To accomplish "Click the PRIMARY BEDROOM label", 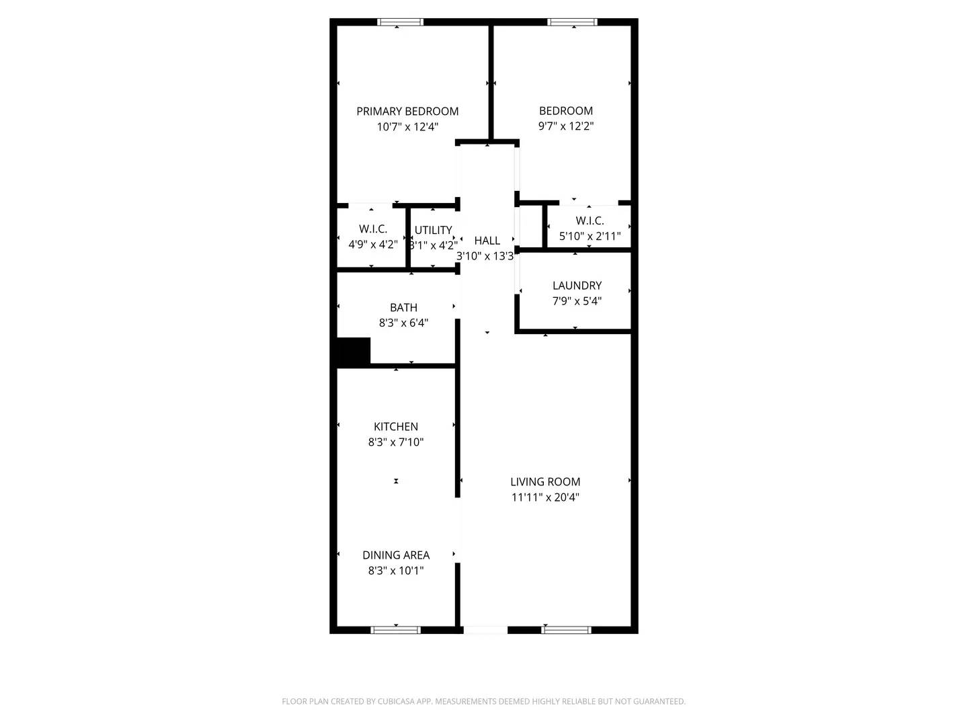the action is click(x=407, y=111).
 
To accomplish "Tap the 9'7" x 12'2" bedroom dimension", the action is click(x=566, y=126).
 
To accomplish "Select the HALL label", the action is click(x=487, y=241).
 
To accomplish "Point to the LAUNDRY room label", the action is click(x=577, y=286).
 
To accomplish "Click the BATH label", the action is click(x=403, y=307).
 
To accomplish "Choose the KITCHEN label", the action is click(x=395, y=426).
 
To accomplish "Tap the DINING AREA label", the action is click(x=395, y=555).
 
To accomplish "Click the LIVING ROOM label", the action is click(x=545, y=482).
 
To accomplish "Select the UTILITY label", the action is click(x=433, y=230).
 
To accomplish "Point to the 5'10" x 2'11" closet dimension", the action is click(x=590, y=236).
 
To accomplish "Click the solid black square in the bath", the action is click(x=353, y=352).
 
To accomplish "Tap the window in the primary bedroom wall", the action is click(x=400, y=22).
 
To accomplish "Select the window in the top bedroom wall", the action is click(x=573, y=22).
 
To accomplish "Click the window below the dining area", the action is click(x=395, y=630).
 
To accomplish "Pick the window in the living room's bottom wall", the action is click(x=566, y=630).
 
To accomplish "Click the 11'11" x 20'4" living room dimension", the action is click(x=545, y=497).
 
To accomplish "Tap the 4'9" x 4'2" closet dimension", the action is click(x=373, y=244).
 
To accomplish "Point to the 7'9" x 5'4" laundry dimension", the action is click(x=577, y=301).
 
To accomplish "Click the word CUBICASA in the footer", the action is click(x=395, y=701).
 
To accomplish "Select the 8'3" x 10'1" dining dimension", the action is click(x=395, y=571).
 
